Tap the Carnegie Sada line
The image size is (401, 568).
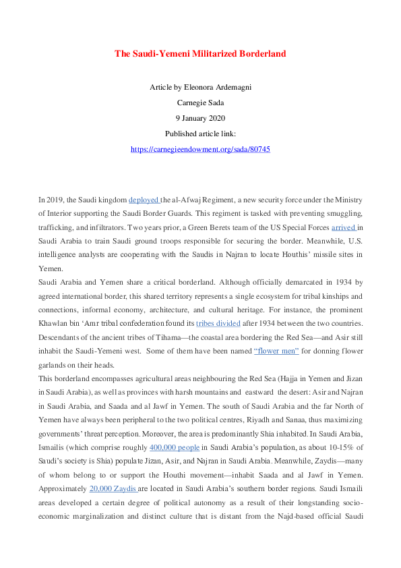point(200,103)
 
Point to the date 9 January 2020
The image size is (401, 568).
point(200,118)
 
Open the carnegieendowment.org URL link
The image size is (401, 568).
point(200,149)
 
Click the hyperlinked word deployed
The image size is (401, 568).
point(144,200)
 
